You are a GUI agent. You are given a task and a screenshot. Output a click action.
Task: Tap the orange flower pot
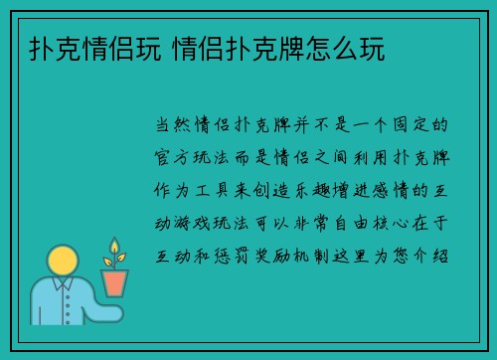(115, 282)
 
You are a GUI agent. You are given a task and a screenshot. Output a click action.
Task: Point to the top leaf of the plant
(115, 246)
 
